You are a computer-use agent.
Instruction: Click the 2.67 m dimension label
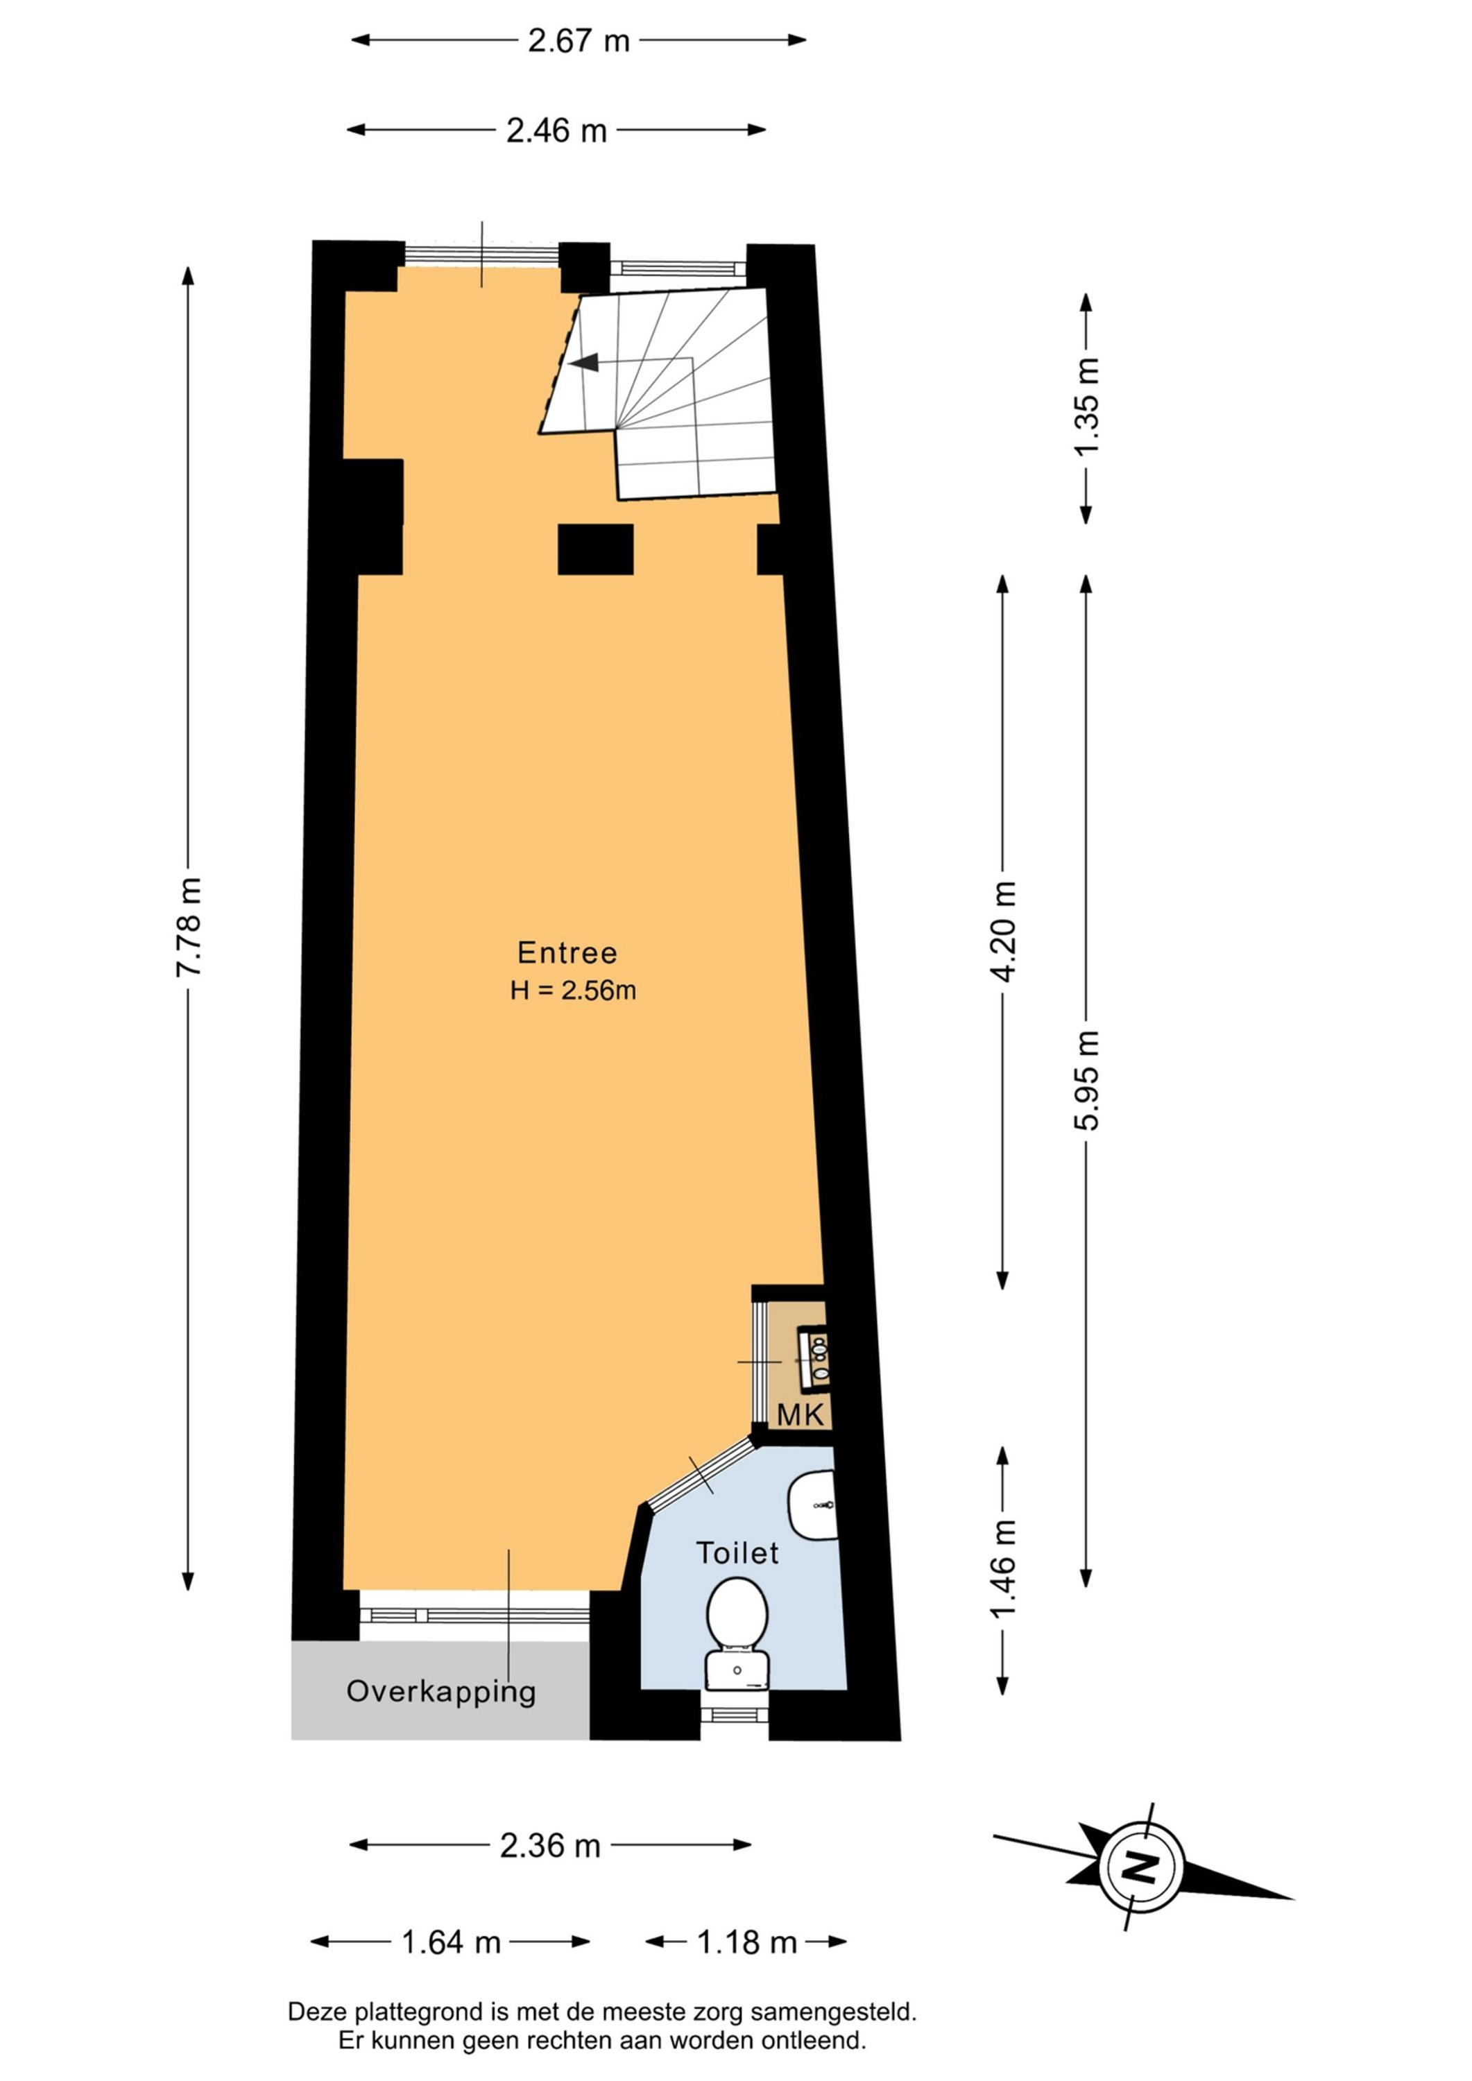(579, 41)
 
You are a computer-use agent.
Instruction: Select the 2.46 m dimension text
(556, 130)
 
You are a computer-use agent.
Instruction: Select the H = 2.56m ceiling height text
(573, 991)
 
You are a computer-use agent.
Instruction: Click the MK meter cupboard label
(801, 1415)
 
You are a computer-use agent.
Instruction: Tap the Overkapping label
(441, 1692)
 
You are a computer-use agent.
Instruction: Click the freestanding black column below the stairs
(594, 549)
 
